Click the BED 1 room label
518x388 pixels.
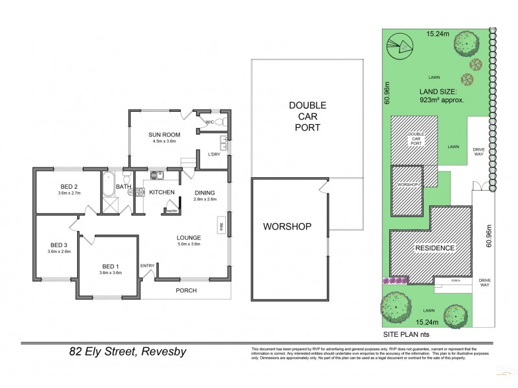[110, 266]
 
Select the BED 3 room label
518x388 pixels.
[58, 244]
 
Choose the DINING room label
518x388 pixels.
[205, 193]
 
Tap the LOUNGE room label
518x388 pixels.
[188, 237]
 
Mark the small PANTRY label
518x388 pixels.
[172, 211]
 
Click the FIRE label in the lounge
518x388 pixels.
[221, 227]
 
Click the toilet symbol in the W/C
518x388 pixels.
[218, 122]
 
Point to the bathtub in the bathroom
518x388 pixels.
[108, 184]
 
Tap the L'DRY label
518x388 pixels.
[214, 154]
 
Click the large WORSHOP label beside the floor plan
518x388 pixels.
[287, 226]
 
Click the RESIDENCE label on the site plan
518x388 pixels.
[434, 248]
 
